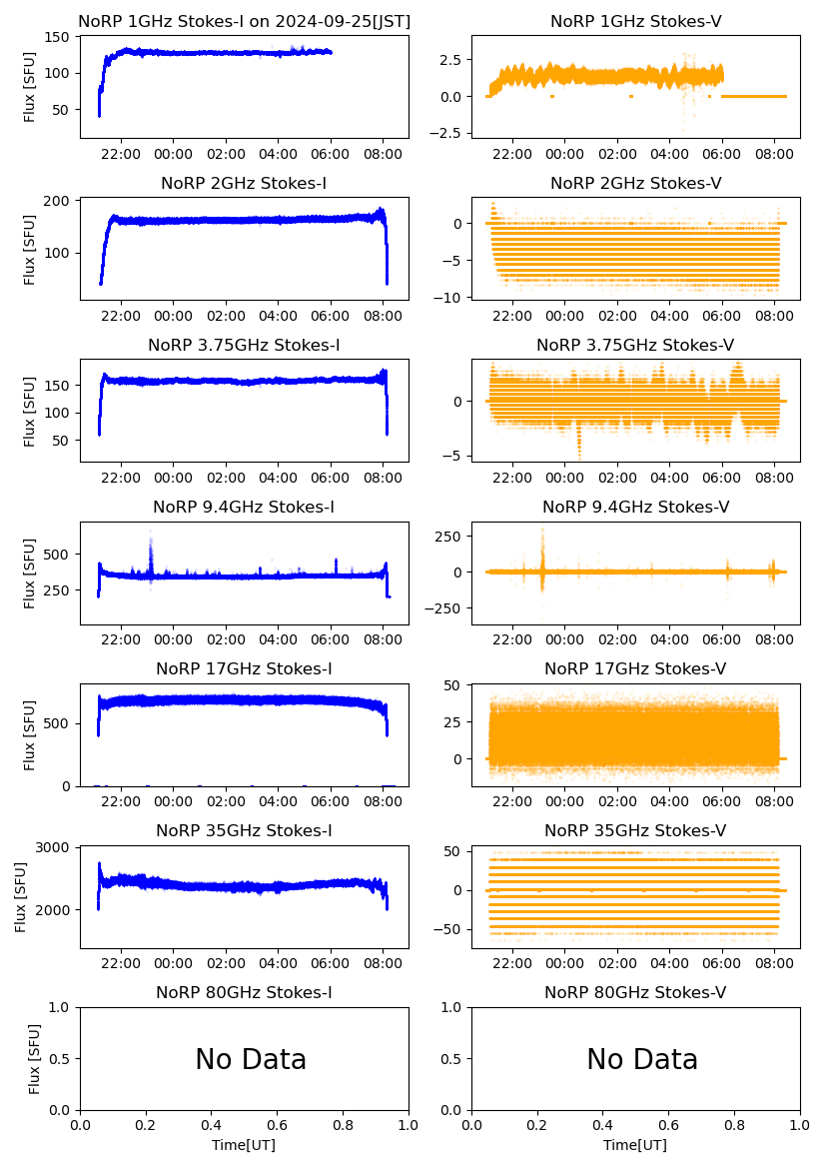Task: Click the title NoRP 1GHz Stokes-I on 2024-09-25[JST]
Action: (244, 21)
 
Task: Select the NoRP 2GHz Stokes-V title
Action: (635, 183)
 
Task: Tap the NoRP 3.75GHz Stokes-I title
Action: (244, 345)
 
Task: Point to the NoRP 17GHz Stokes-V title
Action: (635, 668)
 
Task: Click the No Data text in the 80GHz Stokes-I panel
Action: (251, 1059)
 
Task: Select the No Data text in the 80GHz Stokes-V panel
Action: (642, 1059)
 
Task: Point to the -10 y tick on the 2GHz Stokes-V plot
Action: (451, 298)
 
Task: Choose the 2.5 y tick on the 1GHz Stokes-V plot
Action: (450, 60)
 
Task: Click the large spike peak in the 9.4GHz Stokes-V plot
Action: (543, 530)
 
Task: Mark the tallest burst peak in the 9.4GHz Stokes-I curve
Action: (151, 532)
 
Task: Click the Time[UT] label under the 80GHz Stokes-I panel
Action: (244, 1145)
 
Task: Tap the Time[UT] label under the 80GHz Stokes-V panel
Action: (635, 1145)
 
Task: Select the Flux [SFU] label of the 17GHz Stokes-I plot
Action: (30, 734)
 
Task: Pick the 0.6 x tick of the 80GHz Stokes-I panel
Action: (277, 1125)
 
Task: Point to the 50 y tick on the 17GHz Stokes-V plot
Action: (455, 684)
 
